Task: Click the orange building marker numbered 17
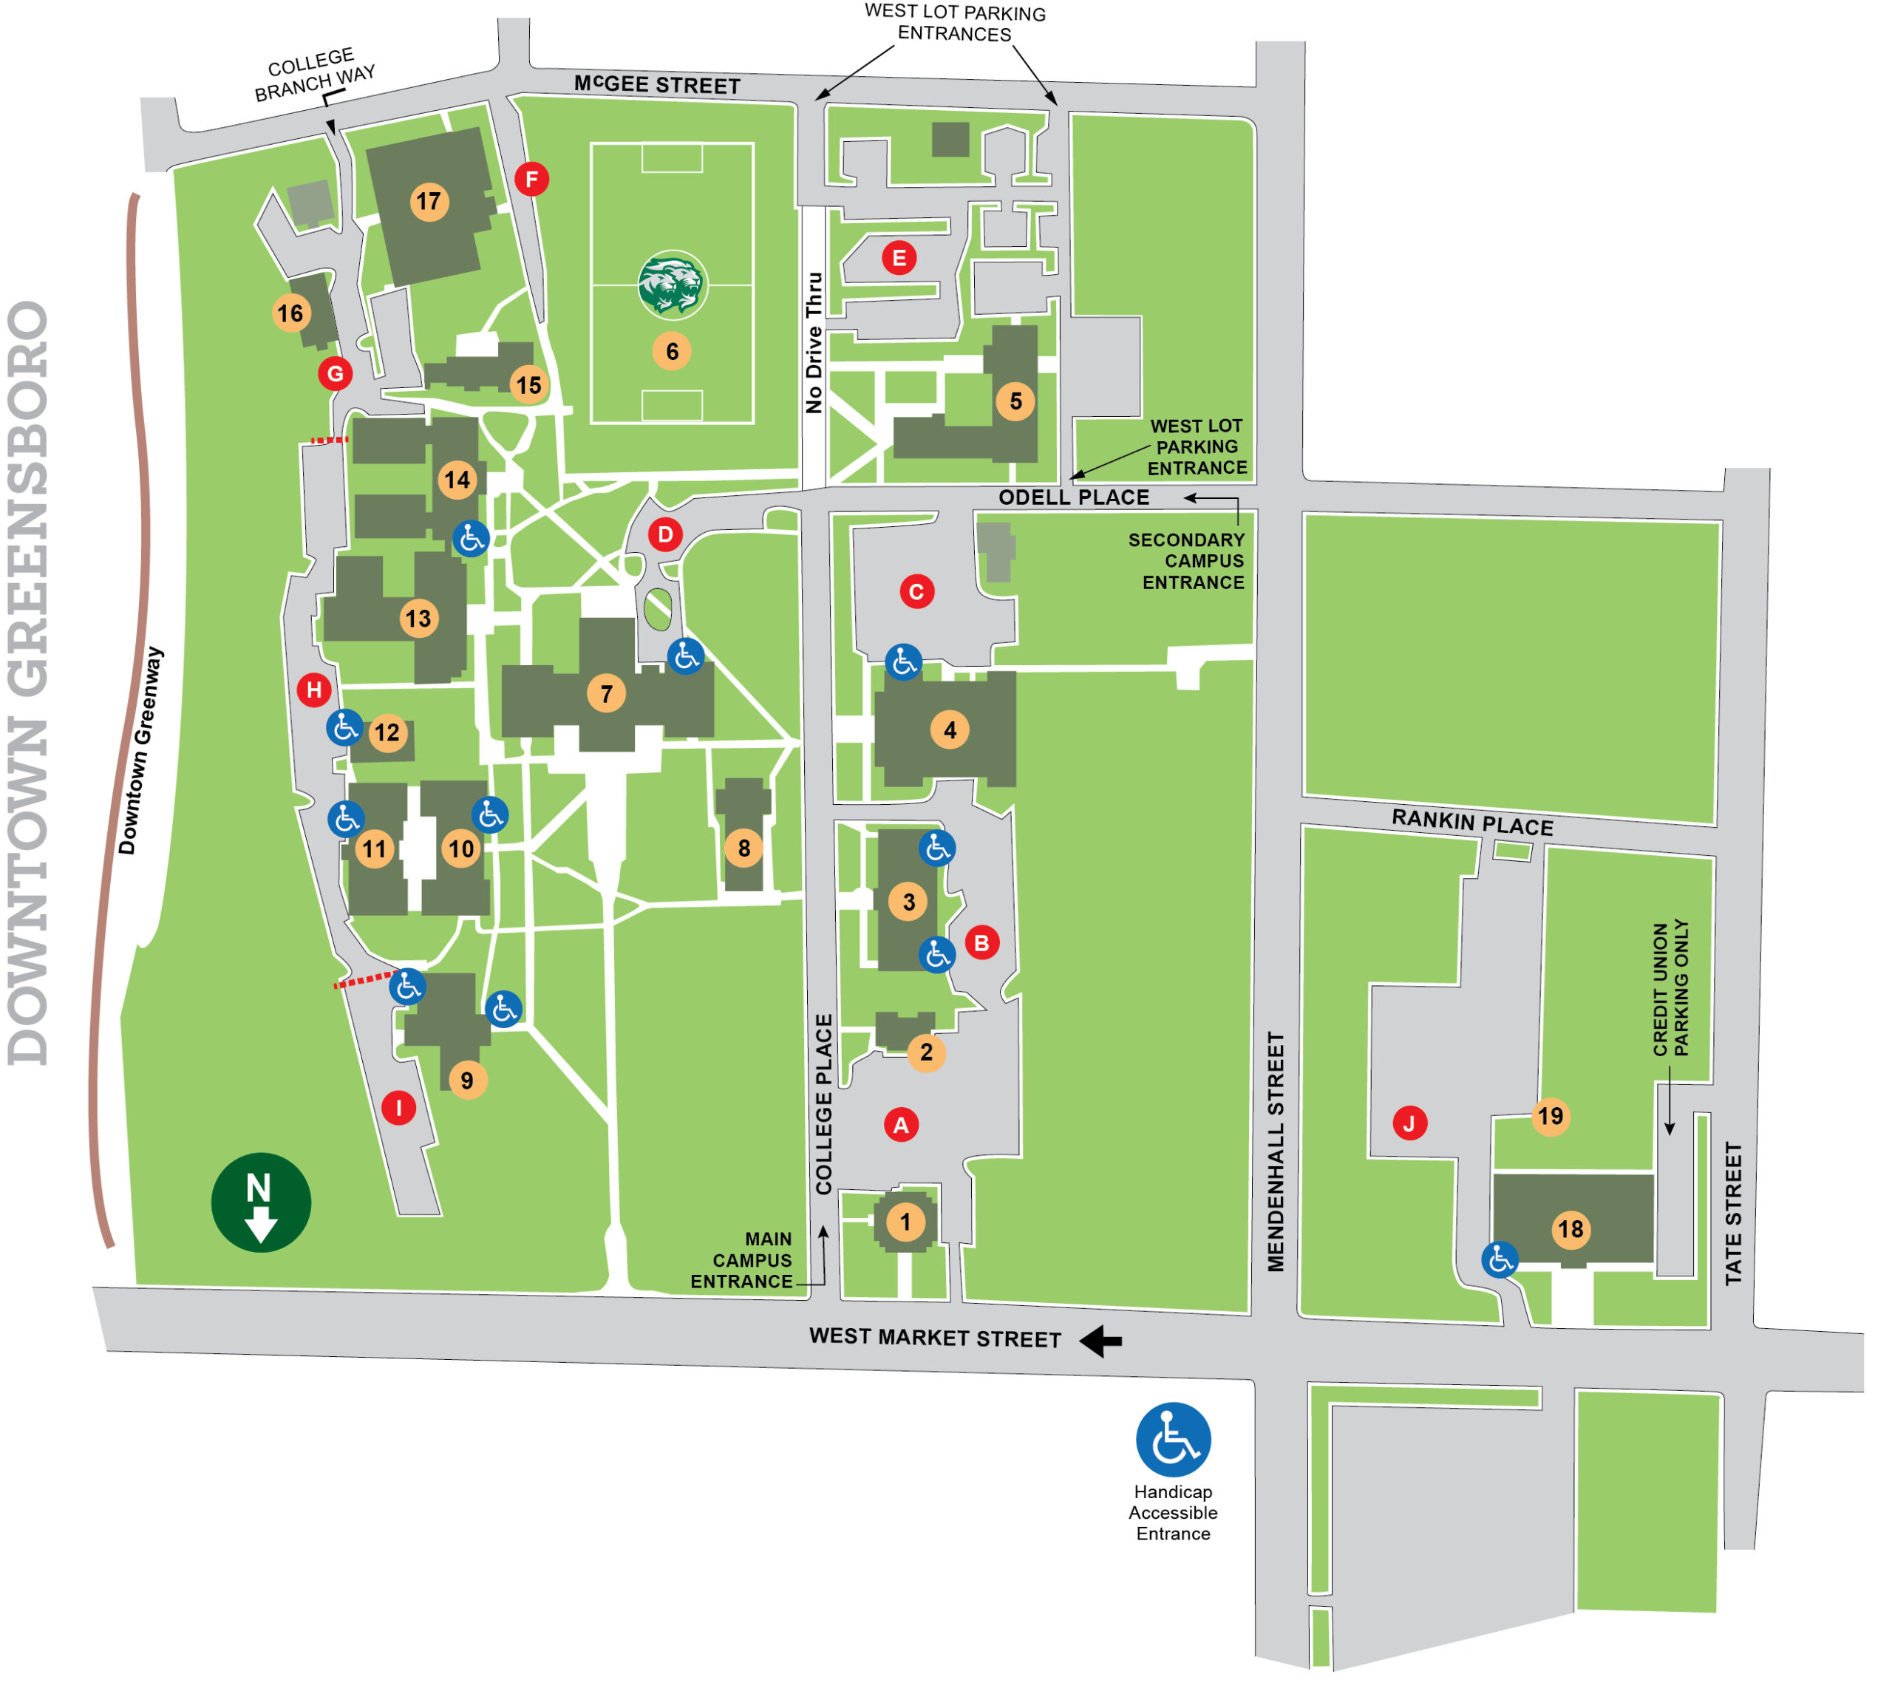pyautogui.click(x=429, y=202)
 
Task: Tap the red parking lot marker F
pyautogui.click(x=531, y=178)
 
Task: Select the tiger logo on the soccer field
pyautogui.click(x=673, y=285)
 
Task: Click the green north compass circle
pyautogui.click(x=261, y=1202)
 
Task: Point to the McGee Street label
pyautogui.click(x=657, y=84)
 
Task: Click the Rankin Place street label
pyautogui.click(x=1472, y=823)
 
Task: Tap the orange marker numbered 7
pyautogui.click(x=606, y=693)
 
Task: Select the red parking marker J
pyautogui.click(x=1409, y=1123)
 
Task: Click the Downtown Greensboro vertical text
pyautogui.click(x=28, y=683)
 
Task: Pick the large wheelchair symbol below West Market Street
pyautogui.click(x=1173, y=1439)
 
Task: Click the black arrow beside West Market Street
pyautogui.click(x=1101, y=1341)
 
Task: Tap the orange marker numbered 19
pyautogui.click(x=1550, y=1116)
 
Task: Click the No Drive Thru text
pyautogui.click(x=814, y=342)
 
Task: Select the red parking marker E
pyautogui.click(x=899, y=257)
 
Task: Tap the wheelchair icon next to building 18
pyautogui.click(x=1499, y=1260)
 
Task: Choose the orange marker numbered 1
pyautogui.click(x=905, y=1222)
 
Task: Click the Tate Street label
pyautogui.click(x=1733, y=1214)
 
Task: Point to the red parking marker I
pyautogui.click(x=398, y=1108)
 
